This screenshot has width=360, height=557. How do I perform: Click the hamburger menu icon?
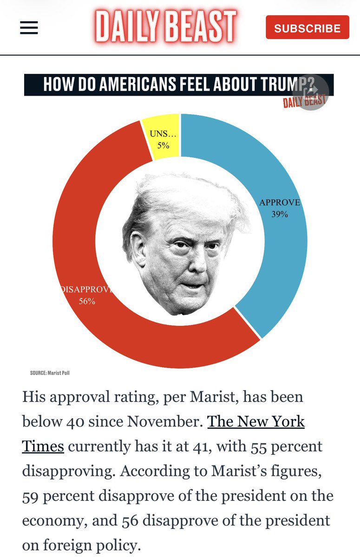tap(29, 28)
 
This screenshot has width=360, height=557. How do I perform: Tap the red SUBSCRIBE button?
tap(307, 28)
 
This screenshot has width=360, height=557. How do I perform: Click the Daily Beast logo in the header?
tap(166, 27)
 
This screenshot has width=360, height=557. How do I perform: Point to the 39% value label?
tap(280, 214)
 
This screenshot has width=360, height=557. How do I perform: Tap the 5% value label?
tap(163, 145)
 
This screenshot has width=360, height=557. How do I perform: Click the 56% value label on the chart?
tap(86, 301)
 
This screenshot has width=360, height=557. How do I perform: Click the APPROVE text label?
tap(280, 203)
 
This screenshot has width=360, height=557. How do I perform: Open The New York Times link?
tap(255, 422)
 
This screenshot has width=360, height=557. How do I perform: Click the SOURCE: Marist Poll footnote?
tap(50, 373)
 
